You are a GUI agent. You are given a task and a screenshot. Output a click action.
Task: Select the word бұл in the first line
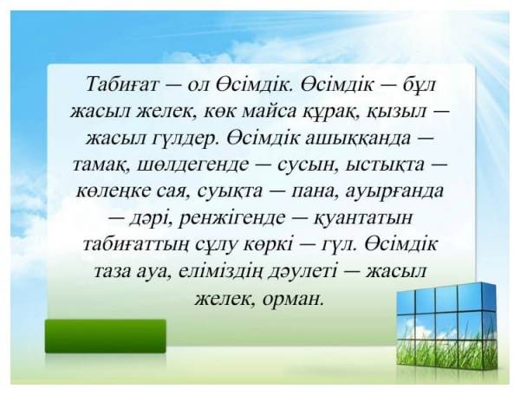[x=418, y=86]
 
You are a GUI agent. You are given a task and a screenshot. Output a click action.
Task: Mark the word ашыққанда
[x=354, y=139]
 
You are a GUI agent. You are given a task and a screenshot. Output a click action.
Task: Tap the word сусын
[x=306, y=165]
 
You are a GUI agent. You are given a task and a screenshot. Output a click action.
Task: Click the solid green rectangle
[x=106, y=336]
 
